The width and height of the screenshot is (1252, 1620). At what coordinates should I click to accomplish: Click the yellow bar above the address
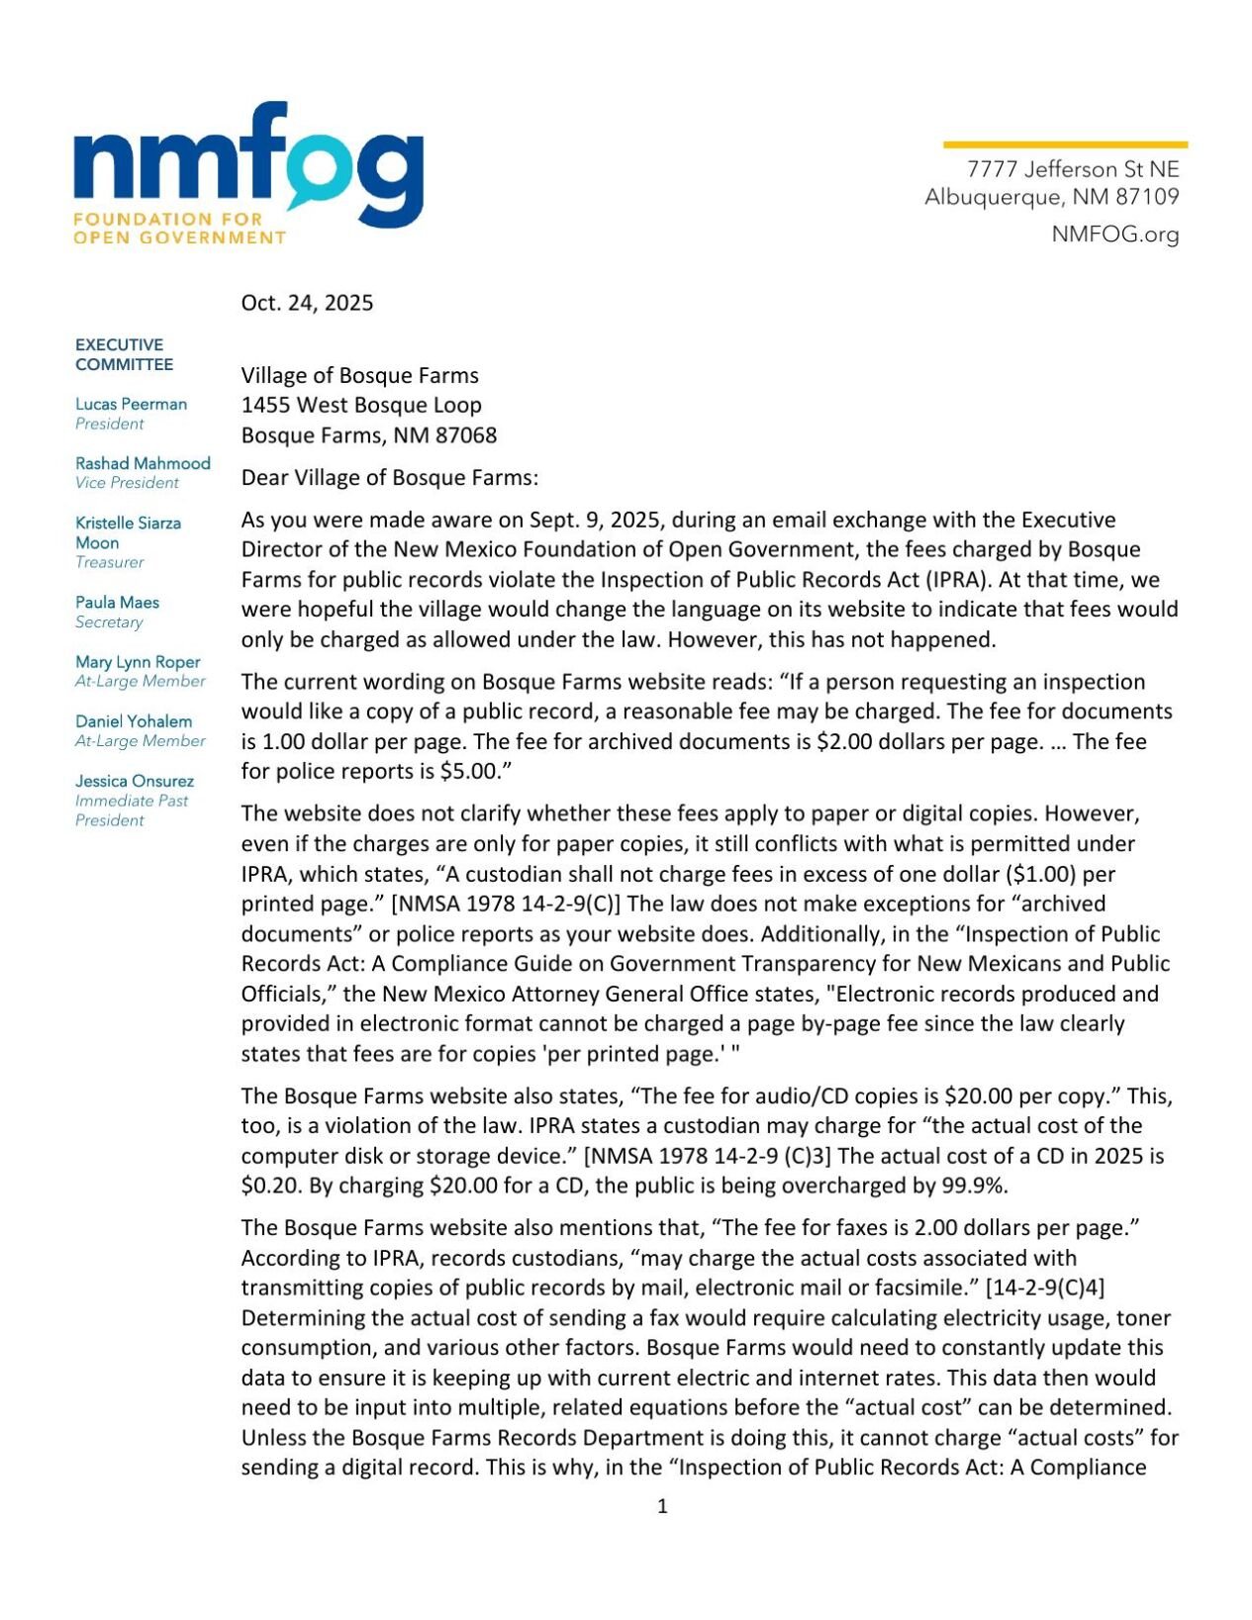pyautogui.click(x=1064, y=144)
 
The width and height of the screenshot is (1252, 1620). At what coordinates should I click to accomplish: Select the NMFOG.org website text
pyautogui.click(x=1114, y=235)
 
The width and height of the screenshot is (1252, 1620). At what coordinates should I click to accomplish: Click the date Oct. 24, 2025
pyautogui.click(x=307, y=303)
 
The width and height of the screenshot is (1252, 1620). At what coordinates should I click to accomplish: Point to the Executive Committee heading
pyautogui.click(x=124, y=354)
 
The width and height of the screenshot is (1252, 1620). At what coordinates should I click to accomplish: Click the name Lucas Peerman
pyautogui.click(x=131, y=404)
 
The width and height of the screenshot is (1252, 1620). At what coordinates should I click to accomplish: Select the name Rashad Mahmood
pyautogui.click(x=143, y=463)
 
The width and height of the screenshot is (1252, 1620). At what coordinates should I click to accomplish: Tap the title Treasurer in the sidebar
pyautogui.click(x=109, y=562)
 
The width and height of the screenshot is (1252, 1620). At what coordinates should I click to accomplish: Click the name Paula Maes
pyautogui.click(x=117, y=602)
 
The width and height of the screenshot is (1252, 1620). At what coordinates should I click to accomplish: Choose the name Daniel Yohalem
pyautogui.click(x=134, y=721)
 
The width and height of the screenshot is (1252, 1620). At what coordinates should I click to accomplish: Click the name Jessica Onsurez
pyautogui.click(x=135, y=781)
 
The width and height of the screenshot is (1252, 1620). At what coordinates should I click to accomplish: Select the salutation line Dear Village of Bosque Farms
pyautogui.click(x=390, y=478)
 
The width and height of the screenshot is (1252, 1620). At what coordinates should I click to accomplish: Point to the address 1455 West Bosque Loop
pyautogui.click(x=361, y=405)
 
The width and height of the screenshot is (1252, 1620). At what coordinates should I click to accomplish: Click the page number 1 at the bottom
pyautogui.click(x=662, y=1506)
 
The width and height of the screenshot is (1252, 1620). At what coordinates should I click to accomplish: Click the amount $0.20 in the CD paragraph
pyautogui.click(x=266, y=1186)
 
